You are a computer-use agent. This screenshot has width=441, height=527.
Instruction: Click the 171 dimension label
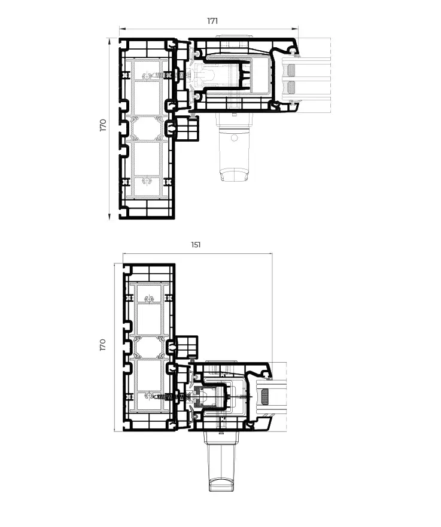pos(212,21)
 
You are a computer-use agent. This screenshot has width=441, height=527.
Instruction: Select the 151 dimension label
pos(196,245)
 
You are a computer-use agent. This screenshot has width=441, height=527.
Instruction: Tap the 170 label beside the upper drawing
pos(103,125)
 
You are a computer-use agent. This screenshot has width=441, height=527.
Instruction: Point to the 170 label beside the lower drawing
pos(103,345)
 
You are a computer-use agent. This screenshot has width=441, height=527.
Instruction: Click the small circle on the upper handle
pos(234,138)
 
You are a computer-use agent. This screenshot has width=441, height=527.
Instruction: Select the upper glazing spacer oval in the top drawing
pos(291,70)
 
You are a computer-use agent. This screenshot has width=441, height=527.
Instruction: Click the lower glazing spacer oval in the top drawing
pos(291,87)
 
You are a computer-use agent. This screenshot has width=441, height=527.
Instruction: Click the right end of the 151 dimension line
pos(272,253)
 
